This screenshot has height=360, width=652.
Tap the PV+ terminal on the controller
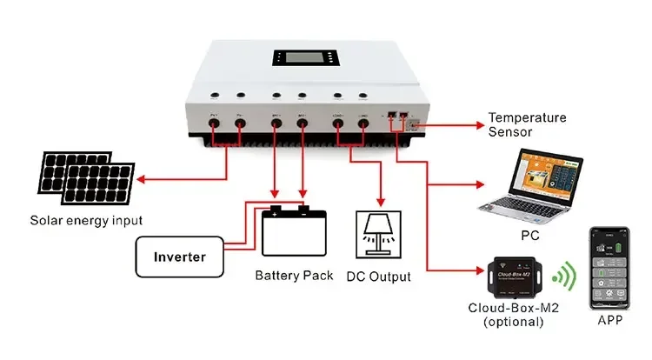213,124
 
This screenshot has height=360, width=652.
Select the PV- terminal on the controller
239,124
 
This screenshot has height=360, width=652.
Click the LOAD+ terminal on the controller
338,124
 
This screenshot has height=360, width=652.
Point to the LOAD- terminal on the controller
363,124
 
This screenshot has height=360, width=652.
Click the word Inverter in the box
179,257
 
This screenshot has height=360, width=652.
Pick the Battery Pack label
293,276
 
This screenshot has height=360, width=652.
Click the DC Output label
381,277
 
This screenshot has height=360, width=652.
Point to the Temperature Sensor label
527,124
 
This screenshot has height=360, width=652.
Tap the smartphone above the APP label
609,269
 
